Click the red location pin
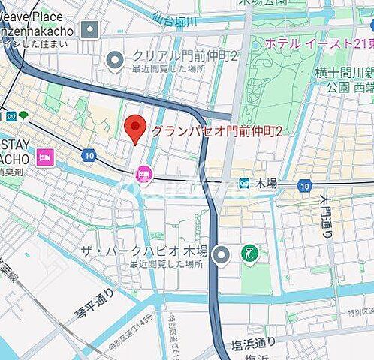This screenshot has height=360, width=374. (x=135, y=129)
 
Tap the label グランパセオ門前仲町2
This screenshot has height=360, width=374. (x=218, y=132)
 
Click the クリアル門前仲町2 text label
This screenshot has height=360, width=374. (x=185, y=55)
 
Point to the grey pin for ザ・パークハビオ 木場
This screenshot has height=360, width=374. (x=221, y=255)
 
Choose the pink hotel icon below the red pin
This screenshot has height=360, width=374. (x=143, y=175)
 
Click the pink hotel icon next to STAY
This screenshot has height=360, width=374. (x=44, y=158)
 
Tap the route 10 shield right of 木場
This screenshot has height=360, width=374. (x=303, y=184)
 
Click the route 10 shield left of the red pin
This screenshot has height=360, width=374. (x=89, y=155)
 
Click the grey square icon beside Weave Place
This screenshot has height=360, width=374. (x=91, y=31)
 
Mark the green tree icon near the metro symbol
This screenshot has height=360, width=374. (x=24, y=115)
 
